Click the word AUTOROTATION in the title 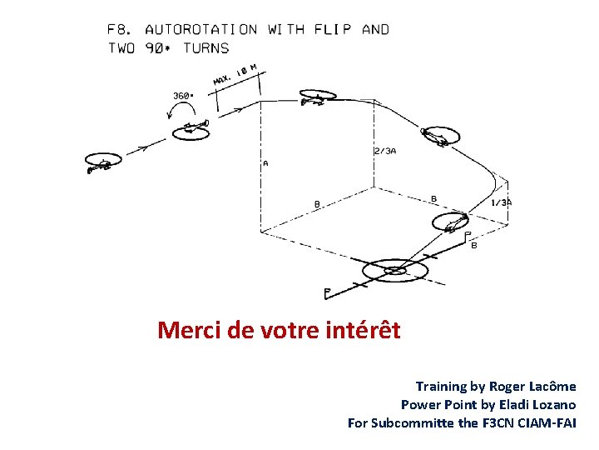click(x=201, y=30)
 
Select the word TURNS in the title click(x=205, y=48)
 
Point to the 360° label click(x=183, y=96)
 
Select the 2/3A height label click(x=385, y=152)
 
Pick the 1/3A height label click(x=502, y=202)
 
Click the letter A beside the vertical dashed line click(x=265, y=163)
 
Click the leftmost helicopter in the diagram click(x=101, y=163)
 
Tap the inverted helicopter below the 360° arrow click(x=192, y=128)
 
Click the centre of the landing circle click(x=395, y=270)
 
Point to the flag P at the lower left click(x=328, y=292)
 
